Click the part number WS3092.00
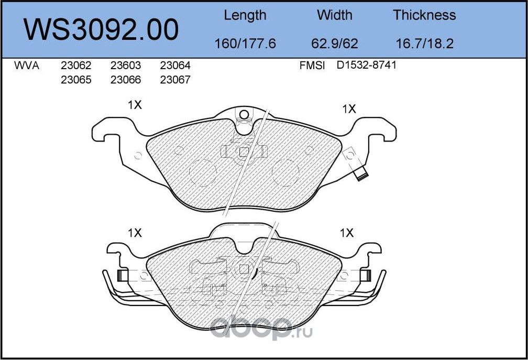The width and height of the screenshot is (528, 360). coord(102,29)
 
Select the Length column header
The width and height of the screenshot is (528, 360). coord(245,15)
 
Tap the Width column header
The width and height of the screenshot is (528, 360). coord(335,15)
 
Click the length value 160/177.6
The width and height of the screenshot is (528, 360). coord(245,43)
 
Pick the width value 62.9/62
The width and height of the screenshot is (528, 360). coord(335,43)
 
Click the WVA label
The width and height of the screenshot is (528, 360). coord(26,66)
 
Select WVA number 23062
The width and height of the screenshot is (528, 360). coord(76,66)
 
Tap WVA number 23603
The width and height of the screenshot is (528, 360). coord(126,66)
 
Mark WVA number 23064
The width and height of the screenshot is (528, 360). coord(175,66)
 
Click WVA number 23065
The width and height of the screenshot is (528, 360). coord(76,80)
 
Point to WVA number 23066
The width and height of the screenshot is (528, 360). coord(126,80)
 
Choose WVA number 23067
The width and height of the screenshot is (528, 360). coord(175,80)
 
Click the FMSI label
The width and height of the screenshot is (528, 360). coord(312,66)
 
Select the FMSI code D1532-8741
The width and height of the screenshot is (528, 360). coord(367,66)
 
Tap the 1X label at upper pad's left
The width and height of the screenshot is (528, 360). coord(135,105)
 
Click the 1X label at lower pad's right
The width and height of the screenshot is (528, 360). coord(347,233)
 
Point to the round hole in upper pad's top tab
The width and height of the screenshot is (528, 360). coord(243,115)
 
